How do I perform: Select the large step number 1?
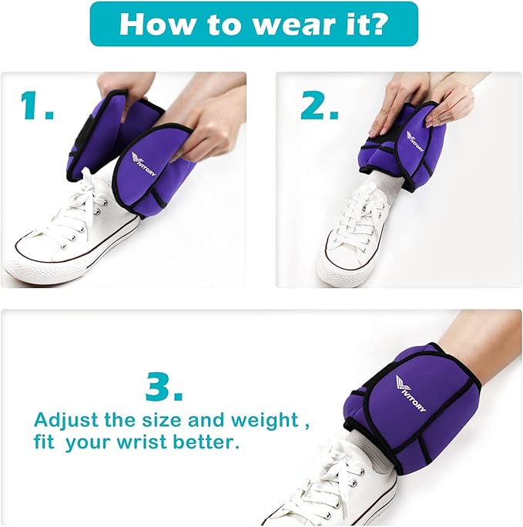point(37,106)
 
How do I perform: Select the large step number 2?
point(320,106)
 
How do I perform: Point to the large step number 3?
point(164,387)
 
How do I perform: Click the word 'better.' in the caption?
point(206,442)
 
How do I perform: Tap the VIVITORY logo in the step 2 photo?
point(415,141)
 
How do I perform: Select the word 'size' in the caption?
point(164,420)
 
